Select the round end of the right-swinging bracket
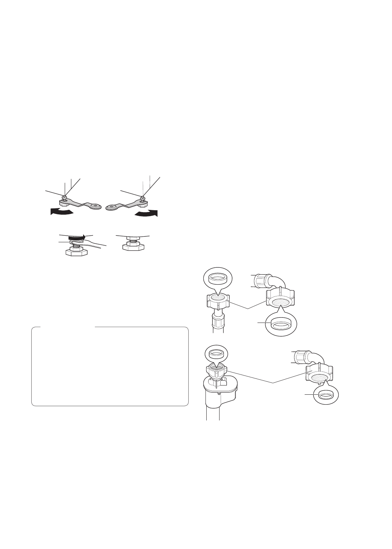point(111,208)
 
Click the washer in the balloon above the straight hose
point(217,277)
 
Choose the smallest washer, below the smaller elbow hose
point(326,395)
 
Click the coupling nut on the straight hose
point(218,300)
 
